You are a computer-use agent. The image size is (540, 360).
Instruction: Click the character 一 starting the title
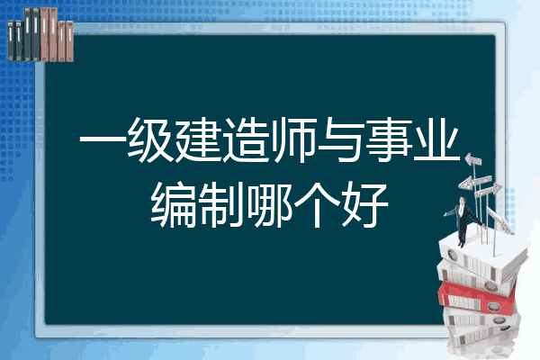pyautogui.click(x=102, y=140)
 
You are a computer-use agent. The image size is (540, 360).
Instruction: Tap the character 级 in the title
pyautogui.click(x=149, y=140)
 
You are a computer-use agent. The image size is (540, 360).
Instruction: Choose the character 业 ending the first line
pyautogui.click(x=436, y=140)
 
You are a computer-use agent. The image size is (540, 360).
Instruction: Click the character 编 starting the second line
pyautogui.click(x=173, y=205)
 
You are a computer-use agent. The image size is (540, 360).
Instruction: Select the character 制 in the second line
pyautogui.click(x=220, y=205)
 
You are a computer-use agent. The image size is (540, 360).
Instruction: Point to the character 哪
pyautogui.click(x=268, y=205)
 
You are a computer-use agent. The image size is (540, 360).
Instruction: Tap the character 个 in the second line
pyautogui.click(x=316, y=205)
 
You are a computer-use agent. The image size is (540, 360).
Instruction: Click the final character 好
pyautogui.click(x=364, y=205)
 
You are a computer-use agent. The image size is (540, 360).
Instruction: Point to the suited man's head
pyautogui.click(x=463, y=200)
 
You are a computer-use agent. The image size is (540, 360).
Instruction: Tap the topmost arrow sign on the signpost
pyautogui.click(x=473, y=160)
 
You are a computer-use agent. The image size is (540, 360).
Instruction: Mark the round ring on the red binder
pyautogui.click(x=493, y=306)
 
